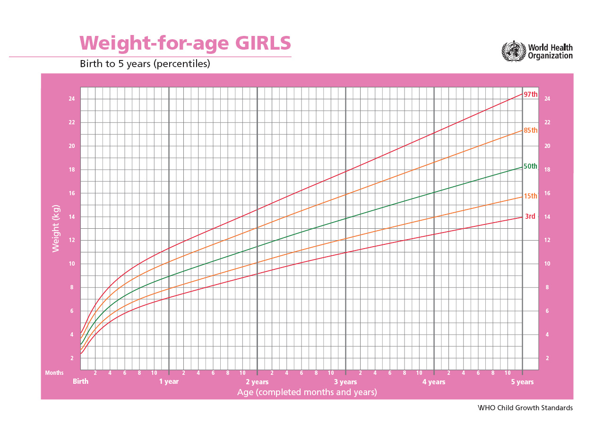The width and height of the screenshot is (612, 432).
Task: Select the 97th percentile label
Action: click(x=531, y=94)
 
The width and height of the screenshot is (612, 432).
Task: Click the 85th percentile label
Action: click(x=531, y=130)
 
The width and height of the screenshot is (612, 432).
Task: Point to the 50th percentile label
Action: click(x=530, y=166)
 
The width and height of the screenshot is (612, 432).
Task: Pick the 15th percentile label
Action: click(x=531, y=196)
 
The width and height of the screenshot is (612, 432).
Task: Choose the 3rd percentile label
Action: click(x=530, y=216)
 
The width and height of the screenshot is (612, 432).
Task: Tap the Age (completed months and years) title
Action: click(x=307, y=392)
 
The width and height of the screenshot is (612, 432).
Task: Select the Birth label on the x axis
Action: click(x=81, y=381)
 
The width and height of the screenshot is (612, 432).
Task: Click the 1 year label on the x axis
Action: click(x=169, y=381)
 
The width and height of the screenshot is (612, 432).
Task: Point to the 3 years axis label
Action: click(x=345, y=382)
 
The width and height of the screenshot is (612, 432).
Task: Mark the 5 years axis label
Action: click(x=522, y=382)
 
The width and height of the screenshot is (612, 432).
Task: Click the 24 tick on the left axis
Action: click(x=72, y=99)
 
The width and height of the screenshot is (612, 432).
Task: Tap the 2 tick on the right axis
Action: click(x=547, y=358)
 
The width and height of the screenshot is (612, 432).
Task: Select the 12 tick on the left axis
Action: click(x=72, y=240)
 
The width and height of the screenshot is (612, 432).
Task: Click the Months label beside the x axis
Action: click(x=54, y=373)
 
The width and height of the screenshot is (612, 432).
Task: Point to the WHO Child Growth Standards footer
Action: click(x=525, y=407)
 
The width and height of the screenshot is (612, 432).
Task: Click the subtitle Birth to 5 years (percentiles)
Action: click(x=145, y=63)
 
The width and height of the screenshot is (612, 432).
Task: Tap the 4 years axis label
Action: click(x=434, y=382)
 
